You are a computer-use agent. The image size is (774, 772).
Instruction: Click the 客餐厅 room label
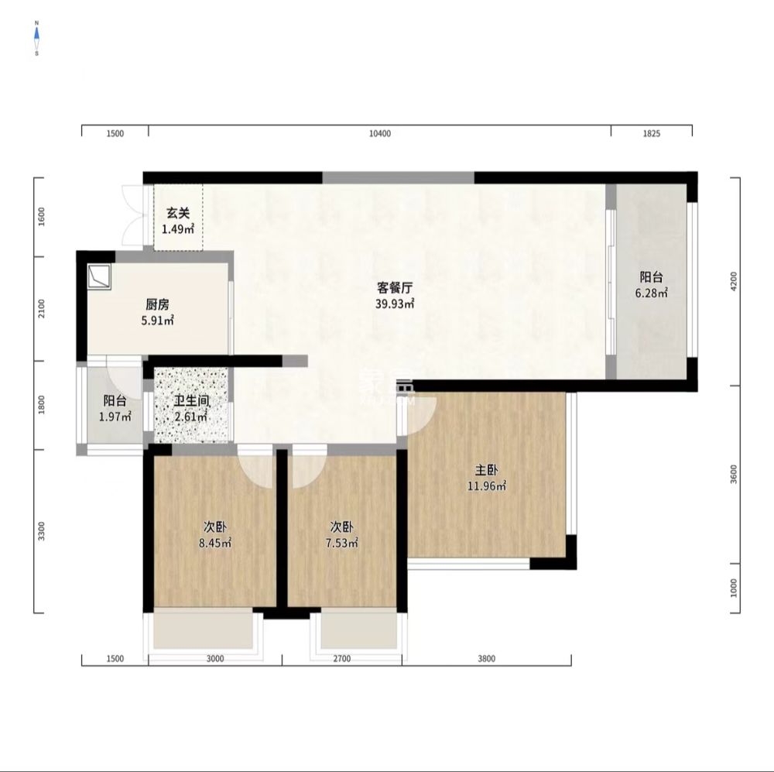click(x=394, y=287)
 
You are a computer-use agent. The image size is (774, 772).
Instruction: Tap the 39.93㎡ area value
click(x=394, y=304)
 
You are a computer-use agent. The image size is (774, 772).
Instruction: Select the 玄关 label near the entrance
click(x=178, y=213)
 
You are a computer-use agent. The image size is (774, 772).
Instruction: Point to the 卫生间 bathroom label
click(x=190, y=401)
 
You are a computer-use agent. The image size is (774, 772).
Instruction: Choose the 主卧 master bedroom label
click(x=486, y=470)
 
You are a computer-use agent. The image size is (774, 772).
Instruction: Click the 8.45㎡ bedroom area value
click(x=214, y=543)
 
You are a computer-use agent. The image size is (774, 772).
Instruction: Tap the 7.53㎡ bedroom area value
click(x=341, y=543)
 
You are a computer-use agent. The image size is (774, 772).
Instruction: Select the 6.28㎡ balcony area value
click(x=651, y=293)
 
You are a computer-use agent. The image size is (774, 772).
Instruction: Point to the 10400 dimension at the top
click(x=379, y=134)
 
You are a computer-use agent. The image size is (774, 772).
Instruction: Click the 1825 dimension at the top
click(x=651, y=134)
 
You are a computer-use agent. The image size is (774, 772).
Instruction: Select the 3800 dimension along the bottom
click(x=486, y=659)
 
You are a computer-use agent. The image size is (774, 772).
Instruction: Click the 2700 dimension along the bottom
click(x=341, y=659)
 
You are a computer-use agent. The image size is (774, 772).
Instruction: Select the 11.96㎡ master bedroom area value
click(x=486, y=486)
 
